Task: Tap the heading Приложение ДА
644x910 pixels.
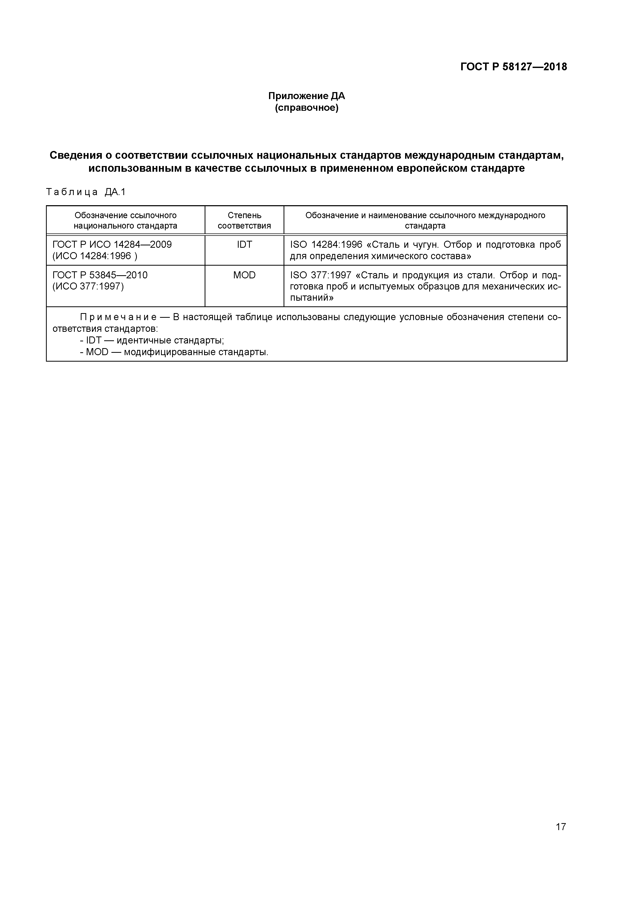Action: pos(306,96)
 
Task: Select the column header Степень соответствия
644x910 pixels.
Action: pos(244,220)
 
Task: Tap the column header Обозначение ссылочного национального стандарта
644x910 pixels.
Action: pos(125,220)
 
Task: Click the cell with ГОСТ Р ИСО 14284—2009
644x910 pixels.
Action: pos(112,245)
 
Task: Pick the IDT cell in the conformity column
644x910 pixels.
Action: pos(244,245)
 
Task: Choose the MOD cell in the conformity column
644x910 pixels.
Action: pos(244,275)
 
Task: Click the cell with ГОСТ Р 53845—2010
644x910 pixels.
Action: pos(100,275)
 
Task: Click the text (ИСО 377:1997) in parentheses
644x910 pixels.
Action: pos(88,286)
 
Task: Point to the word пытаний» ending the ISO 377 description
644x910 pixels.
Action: pos(312,298)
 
